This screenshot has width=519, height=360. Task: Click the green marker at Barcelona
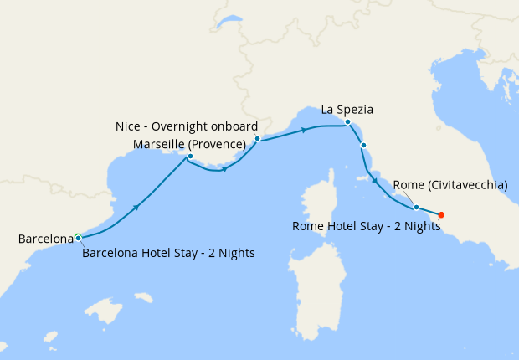coord(78,237)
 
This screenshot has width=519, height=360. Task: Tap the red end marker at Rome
coord(442,214)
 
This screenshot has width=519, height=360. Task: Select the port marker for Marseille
coord(190,157)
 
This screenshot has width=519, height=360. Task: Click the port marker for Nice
coord(257,138)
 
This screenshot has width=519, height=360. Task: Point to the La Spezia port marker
coord(347,122)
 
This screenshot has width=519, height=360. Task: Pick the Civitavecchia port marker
coord(416,207)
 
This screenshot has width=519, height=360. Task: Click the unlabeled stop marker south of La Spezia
coord(363,146)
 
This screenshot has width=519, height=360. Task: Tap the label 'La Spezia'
coord(347,109)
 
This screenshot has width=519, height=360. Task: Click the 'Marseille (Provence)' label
coord(189,144)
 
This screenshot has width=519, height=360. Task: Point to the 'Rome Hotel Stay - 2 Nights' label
coord(367,226)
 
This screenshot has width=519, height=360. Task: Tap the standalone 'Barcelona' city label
coord(45,239)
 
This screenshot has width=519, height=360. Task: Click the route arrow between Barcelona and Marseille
coord(136,205)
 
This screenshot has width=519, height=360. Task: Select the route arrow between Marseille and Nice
coord(224,168)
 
